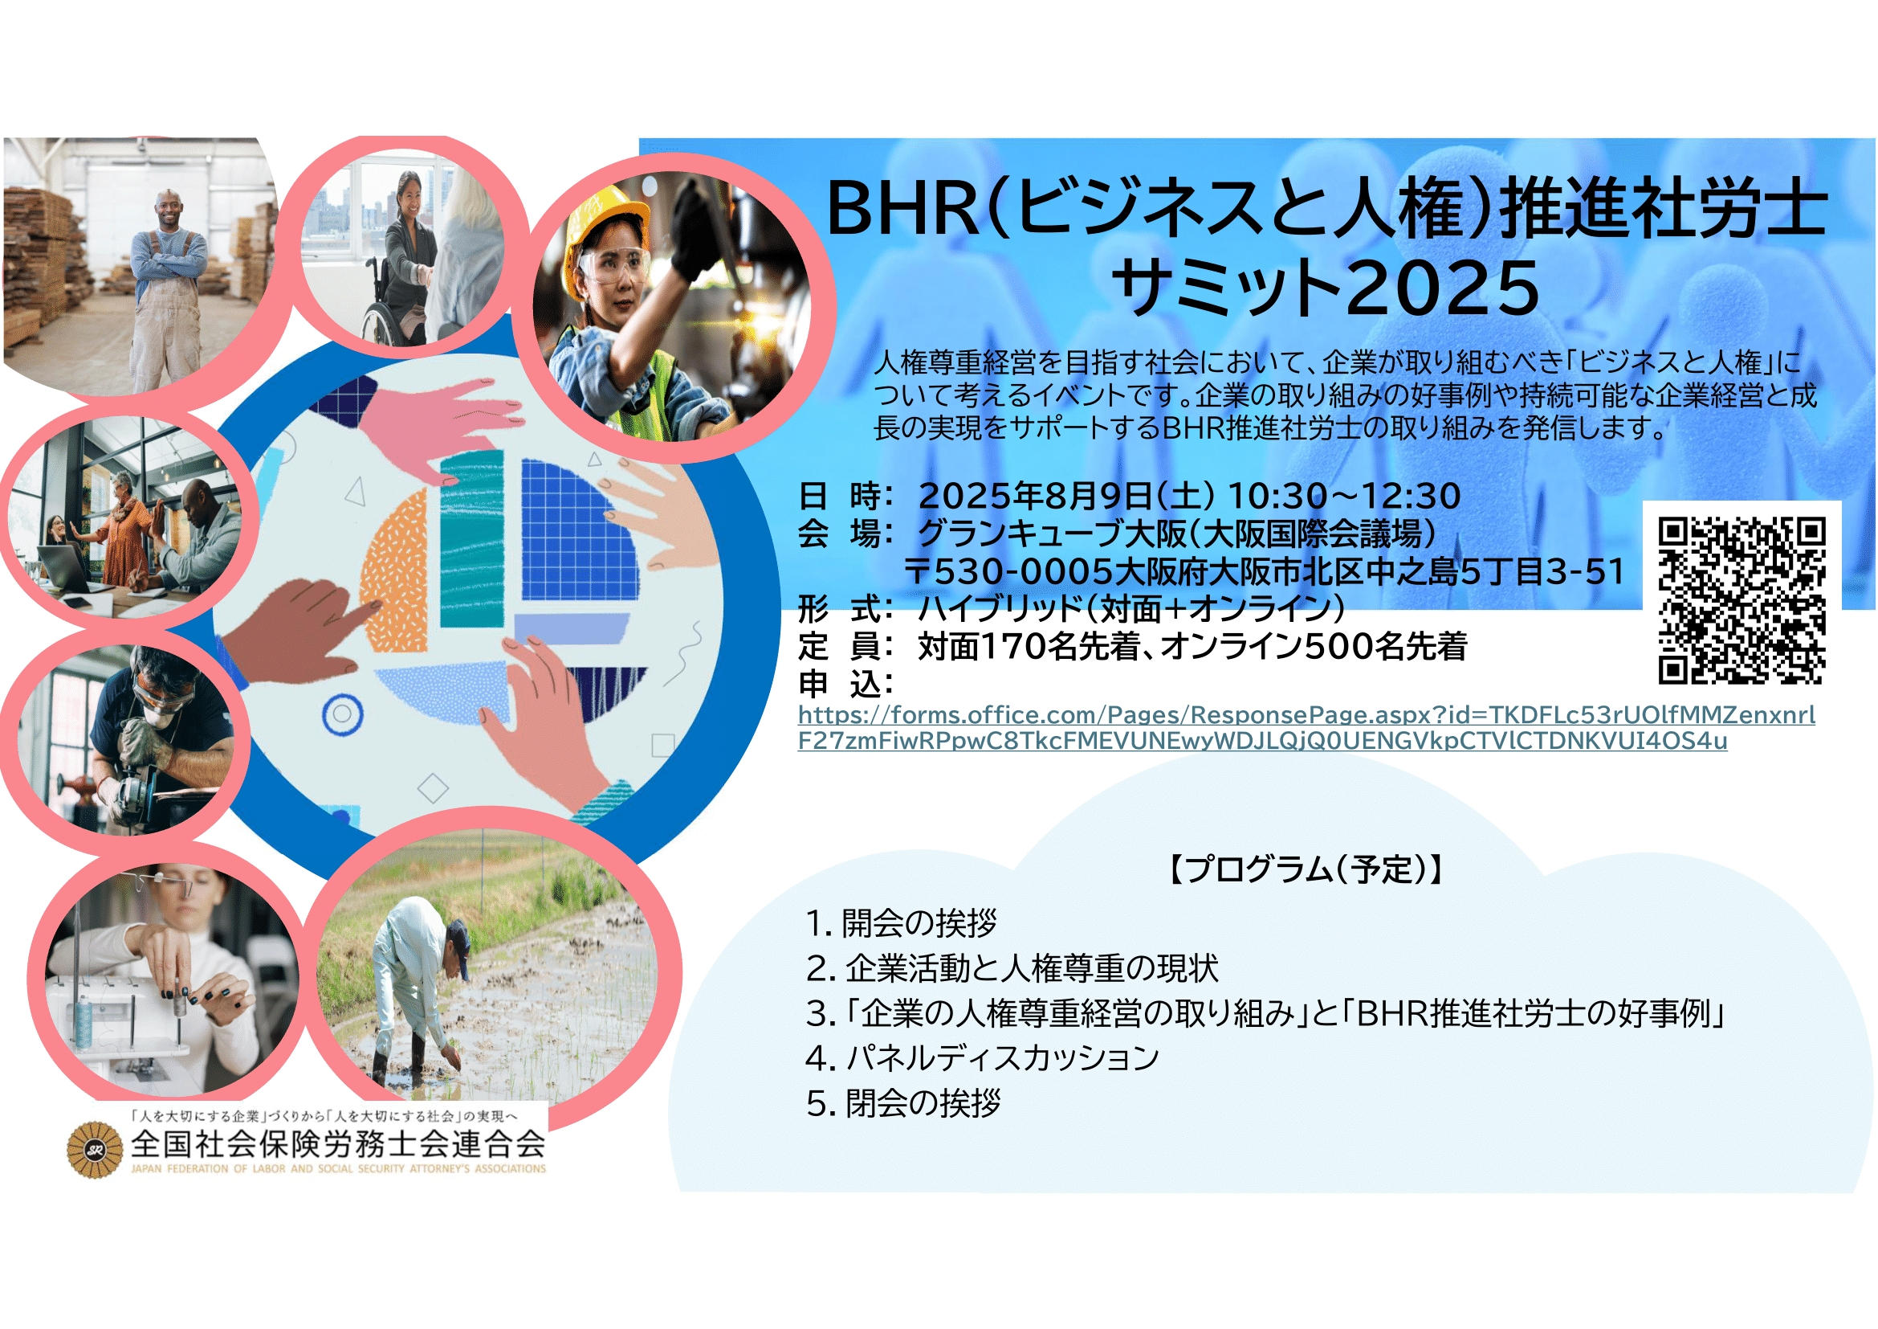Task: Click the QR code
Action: (x=1742, y=600)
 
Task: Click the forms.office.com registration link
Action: (x=1306, y=726)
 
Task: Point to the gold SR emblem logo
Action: (x=94, y=1149)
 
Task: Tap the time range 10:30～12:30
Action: (x=1345, y=495)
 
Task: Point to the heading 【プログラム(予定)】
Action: (x=1305, y=869)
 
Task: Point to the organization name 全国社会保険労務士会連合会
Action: (x=338, y=1143)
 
